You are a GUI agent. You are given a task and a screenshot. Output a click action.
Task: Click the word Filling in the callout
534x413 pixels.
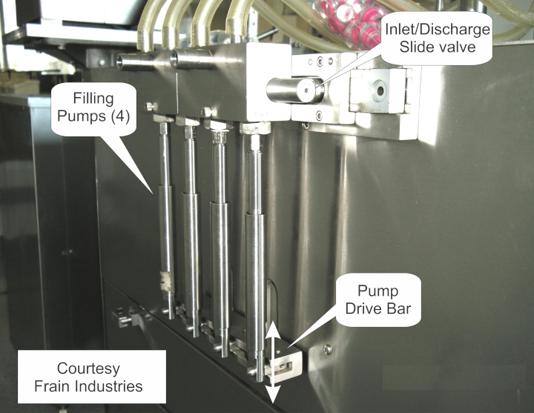tap(93, 99)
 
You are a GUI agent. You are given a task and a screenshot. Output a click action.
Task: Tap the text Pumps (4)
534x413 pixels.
tap(93, 116)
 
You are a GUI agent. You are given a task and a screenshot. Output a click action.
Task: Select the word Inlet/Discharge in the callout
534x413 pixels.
tap(438, 30)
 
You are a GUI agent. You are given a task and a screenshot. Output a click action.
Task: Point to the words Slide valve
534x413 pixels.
tap(438, 47)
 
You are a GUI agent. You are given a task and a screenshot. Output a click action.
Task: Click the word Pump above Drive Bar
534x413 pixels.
tap(378, 292)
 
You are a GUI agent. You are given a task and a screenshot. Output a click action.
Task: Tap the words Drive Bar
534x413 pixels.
tap(378, 308)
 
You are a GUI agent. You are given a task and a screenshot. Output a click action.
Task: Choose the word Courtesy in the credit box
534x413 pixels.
tap(88, 369)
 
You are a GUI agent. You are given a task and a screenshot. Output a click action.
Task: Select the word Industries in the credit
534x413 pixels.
tap(108, 386)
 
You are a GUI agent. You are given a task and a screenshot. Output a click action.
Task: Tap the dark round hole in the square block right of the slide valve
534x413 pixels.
tap(380, 90)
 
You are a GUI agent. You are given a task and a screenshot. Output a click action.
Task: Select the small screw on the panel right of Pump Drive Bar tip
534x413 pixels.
tap(328, 349)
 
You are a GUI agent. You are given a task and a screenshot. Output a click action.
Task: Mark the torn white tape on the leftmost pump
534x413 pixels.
tap(165, 281)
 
